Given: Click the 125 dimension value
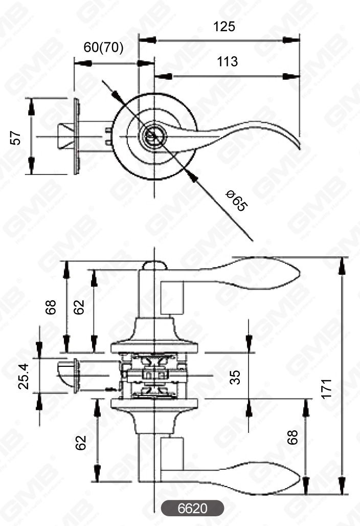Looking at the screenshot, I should point(224,27).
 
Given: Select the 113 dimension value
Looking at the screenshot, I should point(227,62).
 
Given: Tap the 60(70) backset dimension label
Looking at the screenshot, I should point(104,48).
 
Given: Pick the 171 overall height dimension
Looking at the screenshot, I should point(327,389).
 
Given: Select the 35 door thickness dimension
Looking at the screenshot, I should point(234,377).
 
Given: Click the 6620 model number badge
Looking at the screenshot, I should point(192,509).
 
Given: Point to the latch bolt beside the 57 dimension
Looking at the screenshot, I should point(65,135).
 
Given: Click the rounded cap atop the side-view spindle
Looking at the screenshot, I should point(154,265).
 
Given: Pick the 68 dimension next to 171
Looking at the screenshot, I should point(292,438).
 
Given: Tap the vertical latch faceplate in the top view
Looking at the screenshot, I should point(77,136).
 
